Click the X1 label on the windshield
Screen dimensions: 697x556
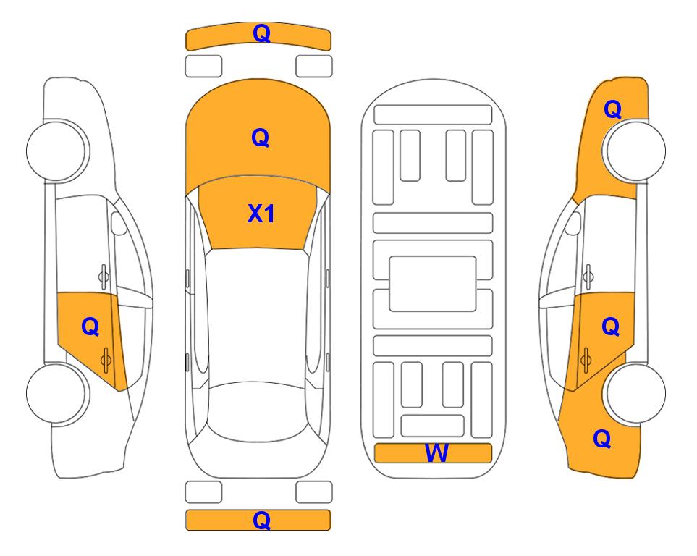coord(261,214)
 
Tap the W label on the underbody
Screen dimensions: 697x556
coord(436,453)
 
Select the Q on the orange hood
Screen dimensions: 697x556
coord(261,138)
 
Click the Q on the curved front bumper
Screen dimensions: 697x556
coord(261,33)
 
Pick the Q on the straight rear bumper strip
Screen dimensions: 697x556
coord(261,520)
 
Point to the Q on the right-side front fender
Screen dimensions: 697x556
coord(612,109)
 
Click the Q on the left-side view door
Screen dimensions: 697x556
coord(90,327)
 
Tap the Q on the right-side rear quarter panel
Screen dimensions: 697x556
coord(602,439)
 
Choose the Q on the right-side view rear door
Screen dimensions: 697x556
coord(610,327)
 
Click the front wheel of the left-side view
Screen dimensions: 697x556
coord(56,151)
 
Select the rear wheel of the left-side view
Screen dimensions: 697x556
coord(56,393)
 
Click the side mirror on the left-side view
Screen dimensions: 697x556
coord(118,223)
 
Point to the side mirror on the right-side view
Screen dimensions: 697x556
coord(573,223)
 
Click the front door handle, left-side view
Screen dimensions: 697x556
coord(104,277)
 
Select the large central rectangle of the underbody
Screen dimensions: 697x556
coord(433,284)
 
